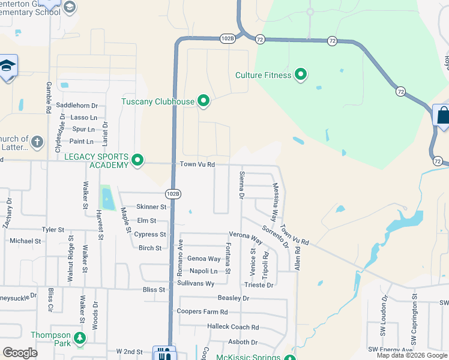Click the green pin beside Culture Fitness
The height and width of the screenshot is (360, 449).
[x=301, y=75]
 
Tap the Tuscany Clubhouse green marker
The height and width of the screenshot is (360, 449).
[x=203, y=101]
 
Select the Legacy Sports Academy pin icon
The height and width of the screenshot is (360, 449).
[x=137, y=160]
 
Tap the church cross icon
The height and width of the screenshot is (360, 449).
[x=37, y=142]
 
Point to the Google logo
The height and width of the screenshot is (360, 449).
[x=20, y=353]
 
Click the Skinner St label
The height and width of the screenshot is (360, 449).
[x=151, y=207]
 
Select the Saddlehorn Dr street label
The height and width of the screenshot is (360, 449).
[x=76, y=106]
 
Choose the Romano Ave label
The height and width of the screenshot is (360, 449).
[x=180, y=259]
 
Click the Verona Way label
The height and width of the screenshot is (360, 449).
[x=246, y=236]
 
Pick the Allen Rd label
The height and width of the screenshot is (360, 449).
[x=297, y=255]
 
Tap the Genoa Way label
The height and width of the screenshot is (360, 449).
[x=204, y=259]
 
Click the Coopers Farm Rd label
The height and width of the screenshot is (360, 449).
[x=202, y=312]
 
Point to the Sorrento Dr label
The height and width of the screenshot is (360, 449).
[x=277, y=237]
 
